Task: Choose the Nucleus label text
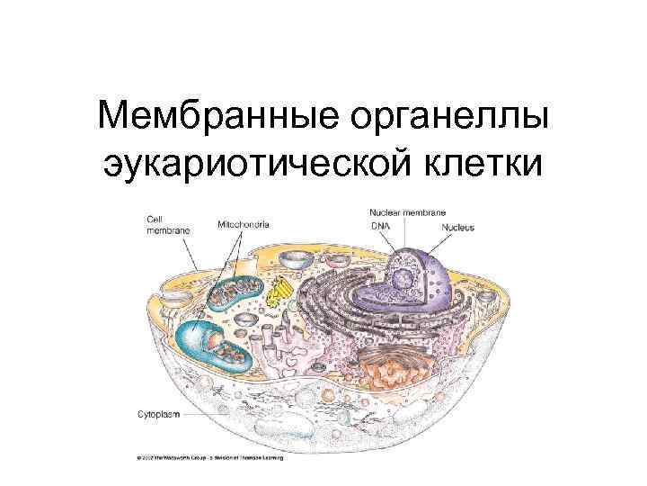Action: (x=457, y=228)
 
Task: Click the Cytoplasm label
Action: (x=157, y=416)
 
